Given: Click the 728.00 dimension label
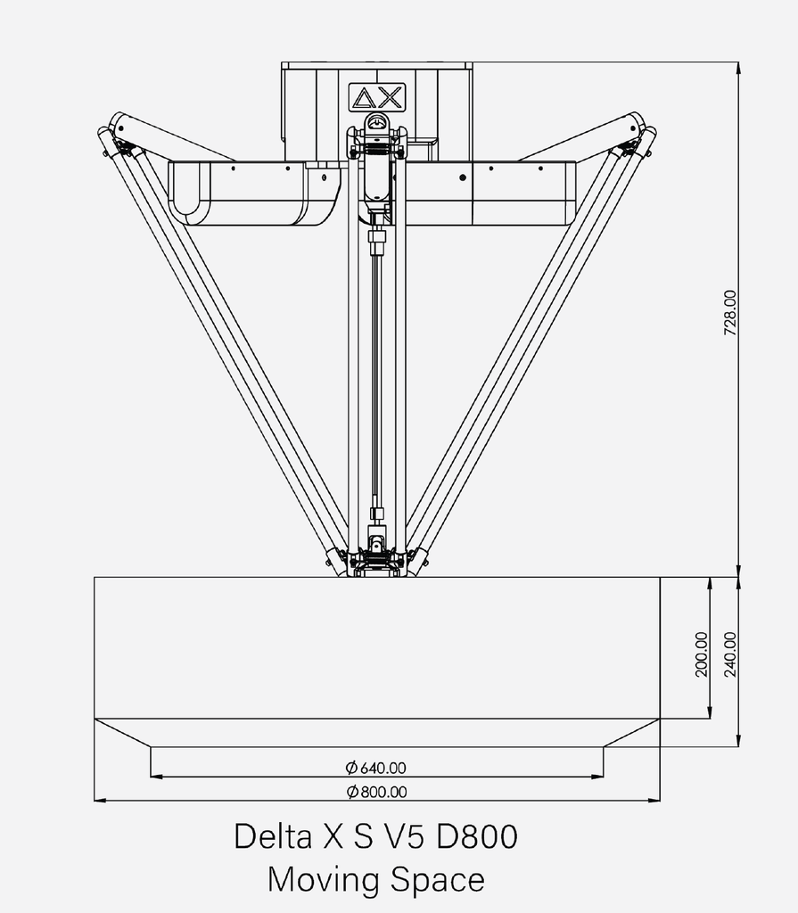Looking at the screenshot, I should coord(729,312).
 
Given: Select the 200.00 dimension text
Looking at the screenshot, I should coord(701,654).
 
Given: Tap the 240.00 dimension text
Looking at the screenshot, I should coord(730,654).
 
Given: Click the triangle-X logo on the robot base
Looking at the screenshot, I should coord(376,96).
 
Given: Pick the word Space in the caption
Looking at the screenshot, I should coord(438,880).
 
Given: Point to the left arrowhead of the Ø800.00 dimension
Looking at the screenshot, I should coord(100,801).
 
